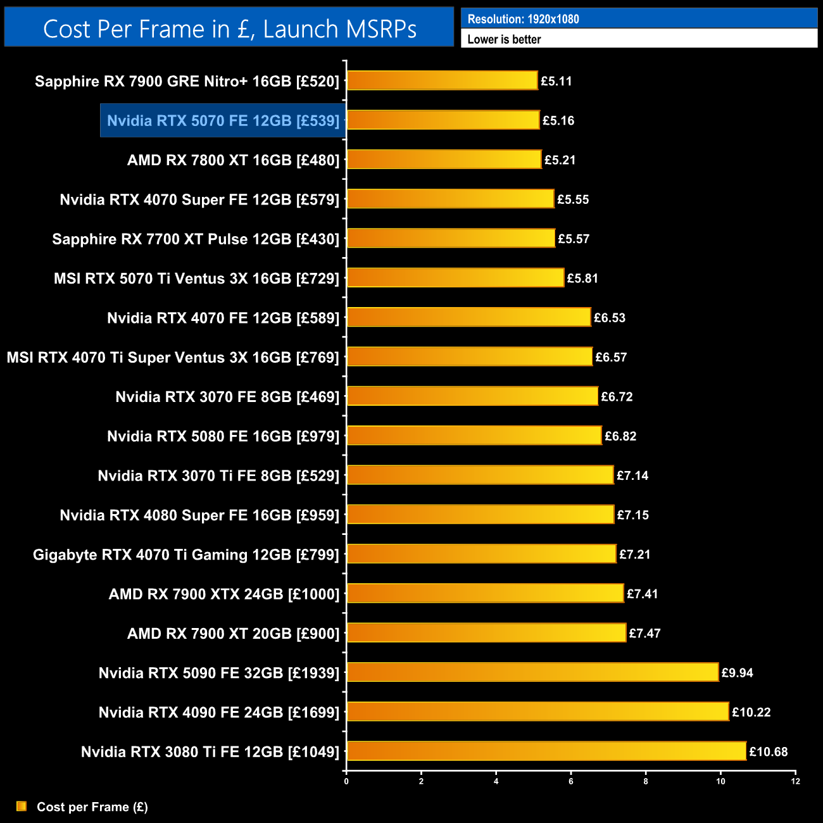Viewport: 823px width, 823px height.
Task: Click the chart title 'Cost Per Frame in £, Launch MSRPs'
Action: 230,29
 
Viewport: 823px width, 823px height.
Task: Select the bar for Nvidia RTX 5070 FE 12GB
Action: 443,120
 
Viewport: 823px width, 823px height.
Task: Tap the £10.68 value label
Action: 769,752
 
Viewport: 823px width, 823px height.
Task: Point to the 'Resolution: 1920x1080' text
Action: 523,19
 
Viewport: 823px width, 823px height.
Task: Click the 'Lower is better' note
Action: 504,39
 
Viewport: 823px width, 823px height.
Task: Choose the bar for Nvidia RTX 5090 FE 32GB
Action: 533,672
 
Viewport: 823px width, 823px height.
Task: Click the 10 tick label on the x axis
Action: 720,781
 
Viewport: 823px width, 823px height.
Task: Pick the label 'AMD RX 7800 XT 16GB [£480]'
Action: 234,160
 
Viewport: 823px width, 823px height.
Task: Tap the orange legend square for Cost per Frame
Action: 22,806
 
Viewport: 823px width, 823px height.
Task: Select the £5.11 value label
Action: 556,81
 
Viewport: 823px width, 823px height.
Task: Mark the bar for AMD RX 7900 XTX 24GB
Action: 486,593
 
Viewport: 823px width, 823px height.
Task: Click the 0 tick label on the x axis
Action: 346,781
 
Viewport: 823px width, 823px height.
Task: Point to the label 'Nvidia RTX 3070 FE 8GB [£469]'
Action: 228,397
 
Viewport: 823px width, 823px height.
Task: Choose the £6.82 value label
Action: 620,436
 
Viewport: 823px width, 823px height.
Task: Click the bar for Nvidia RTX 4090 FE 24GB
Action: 538,712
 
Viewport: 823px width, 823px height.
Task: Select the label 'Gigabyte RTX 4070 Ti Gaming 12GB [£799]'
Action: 187,555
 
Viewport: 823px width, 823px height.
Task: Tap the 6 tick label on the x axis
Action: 571,781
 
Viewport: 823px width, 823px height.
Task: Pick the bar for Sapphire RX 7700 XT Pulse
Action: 451,239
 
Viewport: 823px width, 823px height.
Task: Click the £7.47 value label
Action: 644,633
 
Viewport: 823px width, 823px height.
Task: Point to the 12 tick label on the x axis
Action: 795,781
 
